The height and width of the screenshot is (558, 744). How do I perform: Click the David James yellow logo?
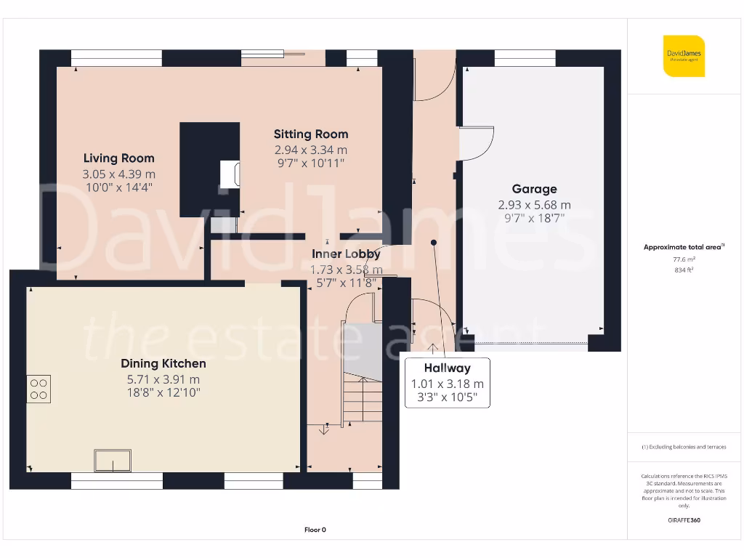(x=684, y=56)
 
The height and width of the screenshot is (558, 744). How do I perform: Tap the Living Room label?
(x=118, y=158)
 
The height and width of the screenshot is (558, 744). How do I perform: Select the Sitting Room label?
(x=310, y=134)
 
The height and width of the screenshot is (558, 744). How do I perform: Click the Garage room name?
(x=534, y=189)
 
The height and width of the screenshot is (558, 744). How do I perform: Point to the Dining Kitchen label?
(x=163, y=363)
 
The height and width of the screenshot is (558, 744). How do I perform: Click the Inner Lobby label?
(x=345, y=254)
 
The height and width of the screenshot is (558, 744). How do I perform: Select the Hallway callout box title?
(x=447, y=368)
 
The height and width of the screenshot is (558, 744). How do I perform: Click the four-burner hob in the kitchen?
(x=39, y=389)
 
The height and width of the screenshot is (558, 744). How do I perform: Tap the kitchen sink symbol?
(x=113, y=460)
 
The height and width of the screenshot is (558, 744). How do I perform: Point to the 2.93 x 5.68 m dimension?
(x=534, y=205)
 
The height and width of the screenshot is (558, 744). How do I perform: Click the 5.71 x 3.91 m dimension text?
(x=163, y=379)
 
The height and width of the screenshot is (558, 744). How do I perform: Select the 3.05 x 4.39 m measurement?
(x=118, y=174)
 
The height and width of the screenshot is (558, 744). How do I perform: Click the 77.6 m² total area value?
(x=683, y=259)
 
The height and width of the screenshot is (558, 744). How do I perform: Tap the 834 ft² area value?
(x=683, y=269)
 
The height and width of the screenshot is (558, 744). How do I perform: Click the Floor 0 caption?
(x=315, y=530)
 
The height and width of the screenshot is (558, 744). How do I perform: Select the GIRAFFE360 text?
(x=683, y=520)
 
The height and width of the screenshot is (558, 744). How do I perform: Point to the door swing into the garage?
(x=476, y=143)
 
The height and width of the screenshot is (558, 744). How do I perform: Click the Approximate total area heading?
(x=683, y=247)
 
